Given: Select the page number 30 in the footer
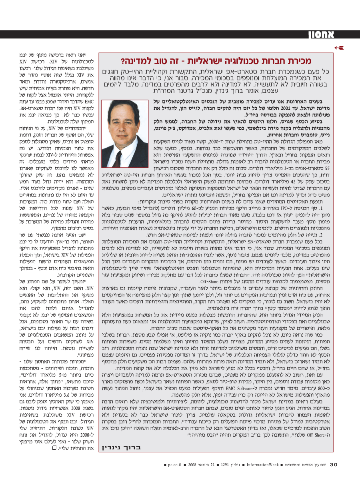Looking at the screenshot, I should [x=334, y=464].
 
